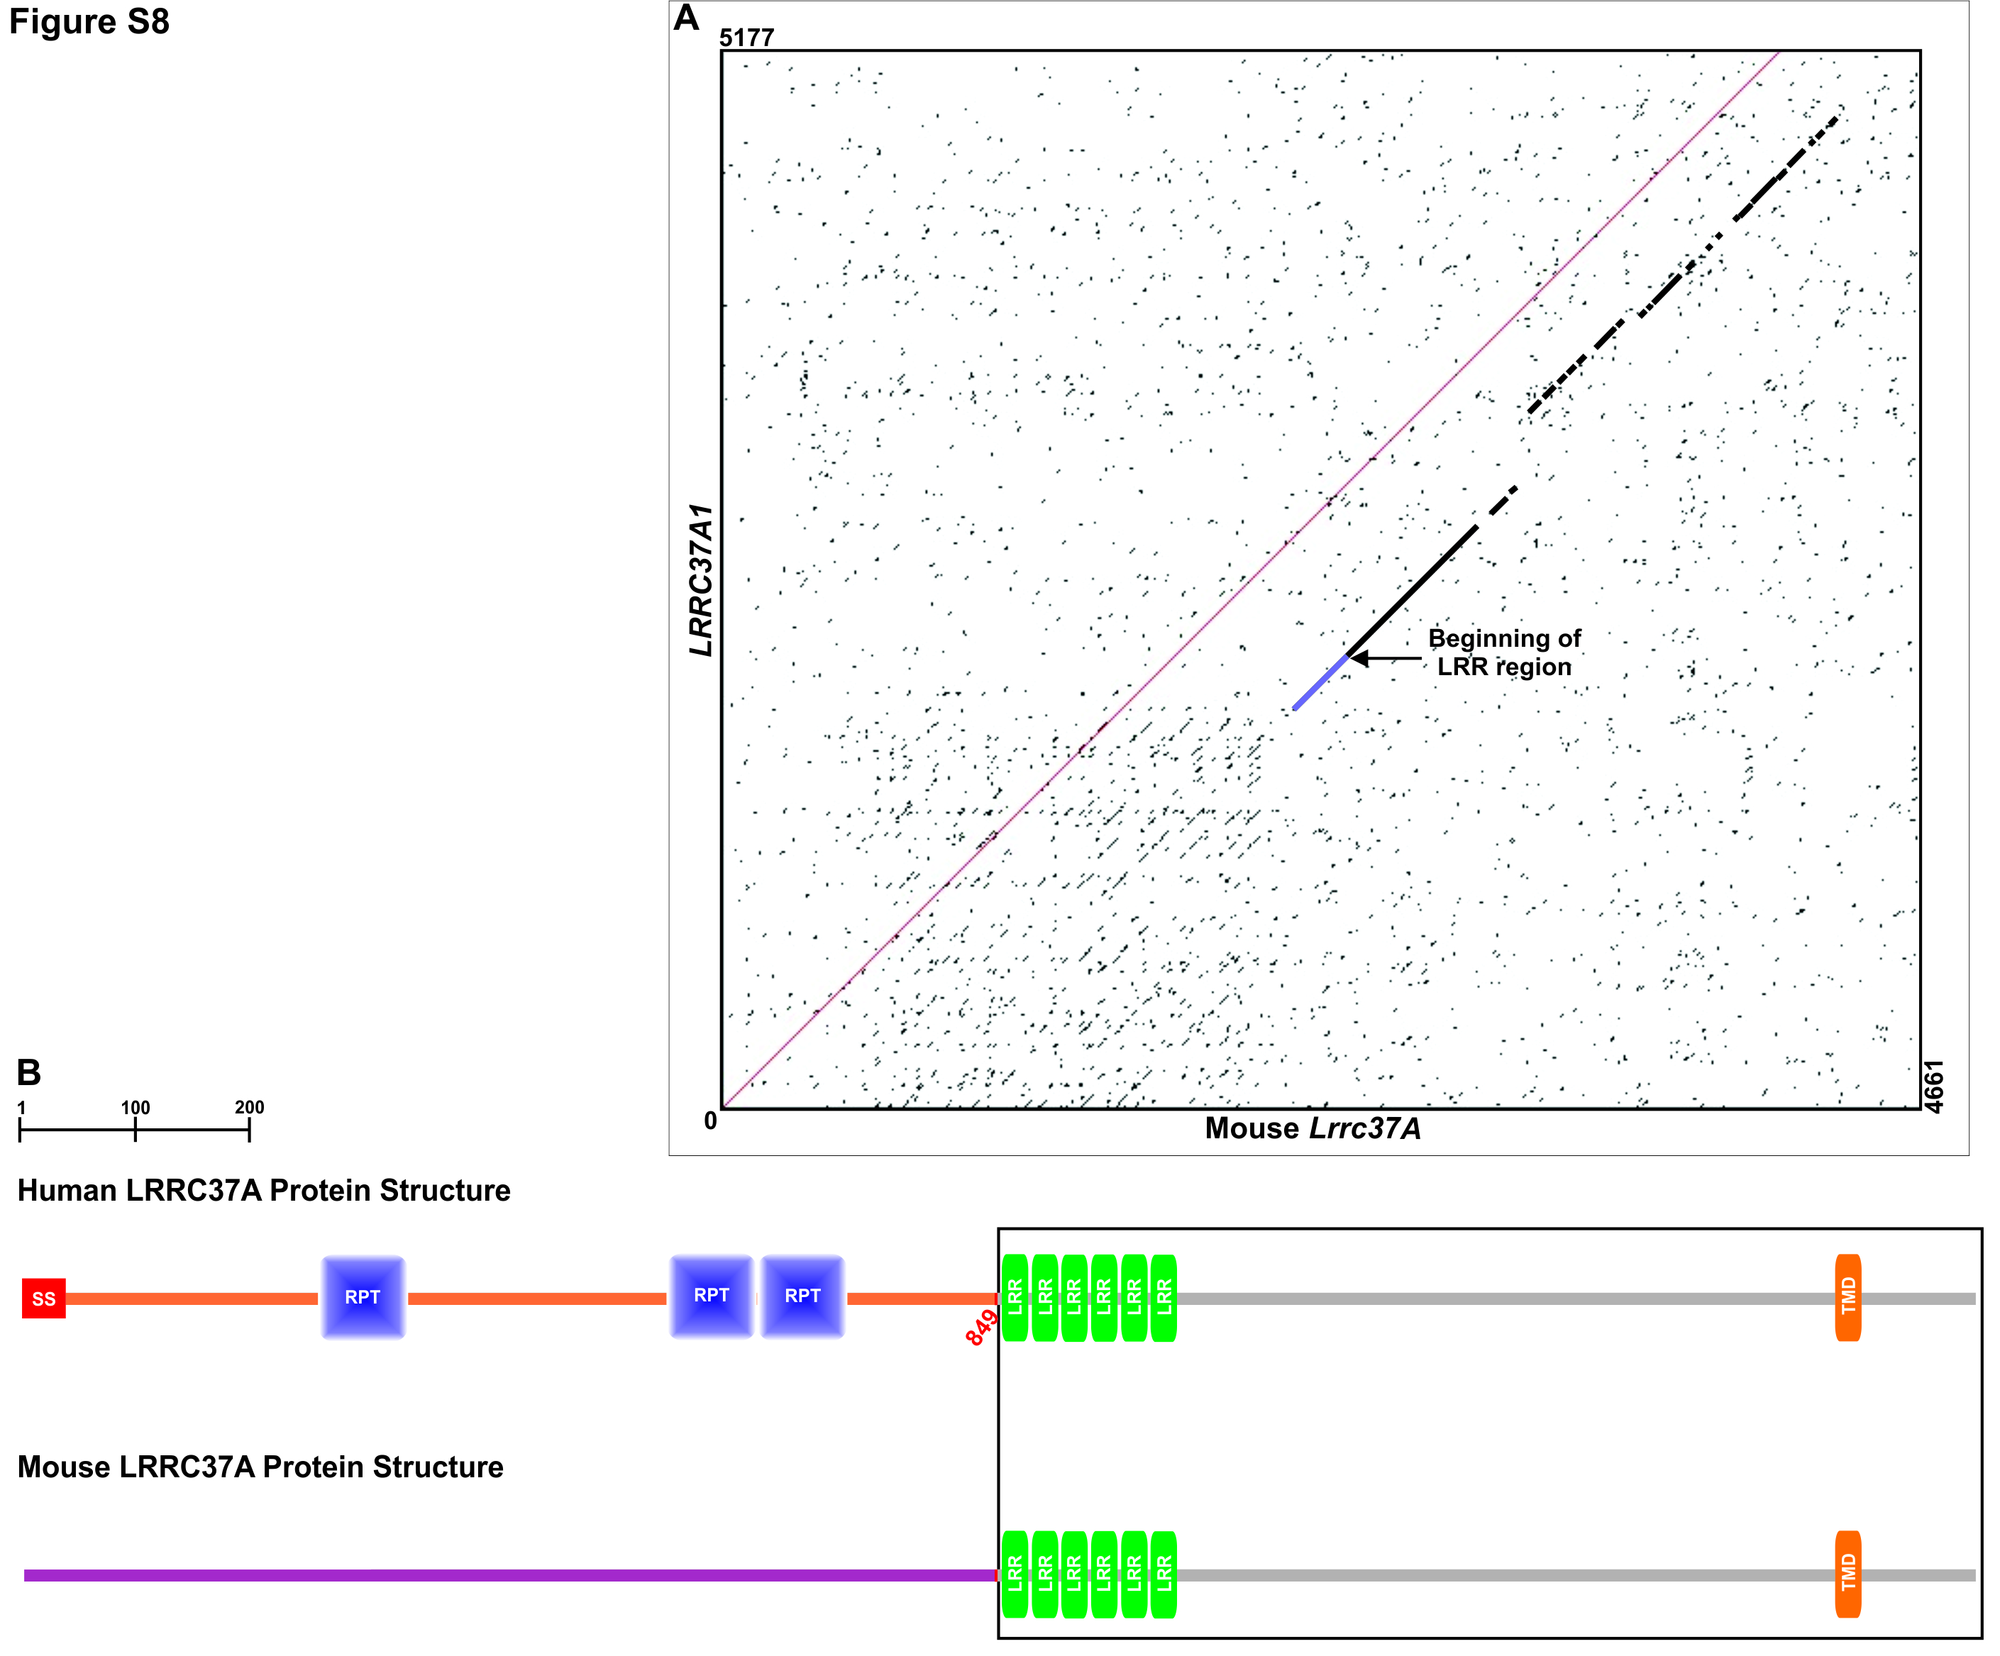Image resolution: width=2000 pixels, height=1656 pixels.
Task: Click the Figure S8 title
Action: click(x=89, y=21)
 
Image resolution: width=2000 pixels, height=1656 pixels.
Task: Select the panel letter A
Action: click(x=686, y=18)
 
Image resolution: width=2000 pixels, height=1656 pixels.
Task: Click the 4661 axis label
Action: click(x=1933, y=1086)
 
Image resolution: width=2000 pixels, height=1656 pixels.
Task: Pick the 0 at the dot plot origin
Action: click(x=710, y=1121)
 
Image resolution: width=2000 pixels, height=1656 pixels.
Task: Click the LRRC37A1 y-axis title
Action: click(x=701, y=580)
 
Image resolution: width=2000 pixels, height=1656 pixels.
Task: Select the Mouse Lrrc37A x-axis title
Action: click(x=1313, y=1128)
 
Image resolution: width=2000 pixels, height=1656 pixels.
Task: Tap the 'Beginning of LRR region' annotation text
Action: click(x=1504, y=652)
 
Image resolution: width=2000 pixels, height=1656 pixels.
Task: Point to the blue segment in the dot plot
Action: click(x=1321, y=682)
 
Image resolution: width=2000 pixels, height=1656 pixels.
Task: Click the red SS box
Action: click(x=44, y=1299)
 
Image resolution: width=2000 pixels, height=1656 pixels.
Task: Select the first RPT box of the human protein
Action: click(x=363, y=1297)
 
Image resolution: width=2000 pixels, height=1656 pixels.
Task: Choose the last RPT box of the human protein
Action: click(x=802, y=1296)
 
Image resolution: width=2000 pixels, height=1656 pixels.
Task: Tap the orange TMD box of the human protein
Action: click(x=1847, y=1297)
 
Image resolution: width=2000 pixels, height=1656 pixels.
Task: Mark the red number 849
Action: click(x=981, y=1326)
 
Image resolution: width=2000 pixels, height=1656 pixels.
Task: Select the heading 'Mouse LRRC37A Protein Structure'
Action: click(x=260, y=1467)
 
